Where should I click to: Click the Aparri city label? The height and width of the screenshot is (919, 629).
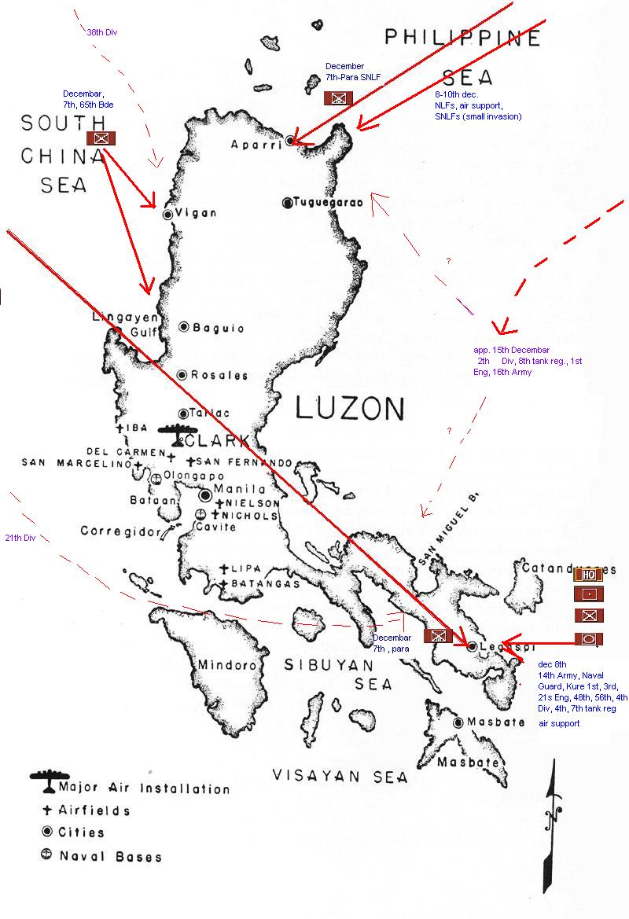point(255,145)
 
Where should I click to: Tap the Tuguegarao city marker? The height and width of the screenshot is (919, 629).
point(288,202)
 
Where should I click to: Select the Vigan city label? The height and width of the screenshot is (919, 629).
point(200,214)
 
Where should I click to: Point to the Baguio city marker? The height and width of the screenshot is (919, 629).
point(184,327)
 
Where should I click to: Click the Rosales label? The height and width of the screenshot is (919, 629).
point(223,375)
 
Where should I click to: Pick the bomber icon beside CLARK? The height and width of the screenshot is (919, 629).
point(178,433)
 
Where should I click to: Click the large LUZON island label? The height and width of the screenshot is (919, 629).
point(350,409)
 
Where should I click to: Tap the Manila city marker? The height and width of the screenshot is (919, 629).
point(205,495)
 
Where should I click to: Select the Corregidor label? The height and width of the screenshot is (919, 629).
point(120,531)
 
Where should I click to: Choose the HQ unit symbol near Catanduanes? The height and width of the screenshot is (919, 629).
point(587,575)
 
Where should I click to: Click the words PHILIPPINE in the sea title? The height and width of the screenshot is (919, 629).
point(463,38)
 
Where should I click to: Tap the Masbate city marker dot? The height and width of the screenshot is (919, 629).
point(458,722)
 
